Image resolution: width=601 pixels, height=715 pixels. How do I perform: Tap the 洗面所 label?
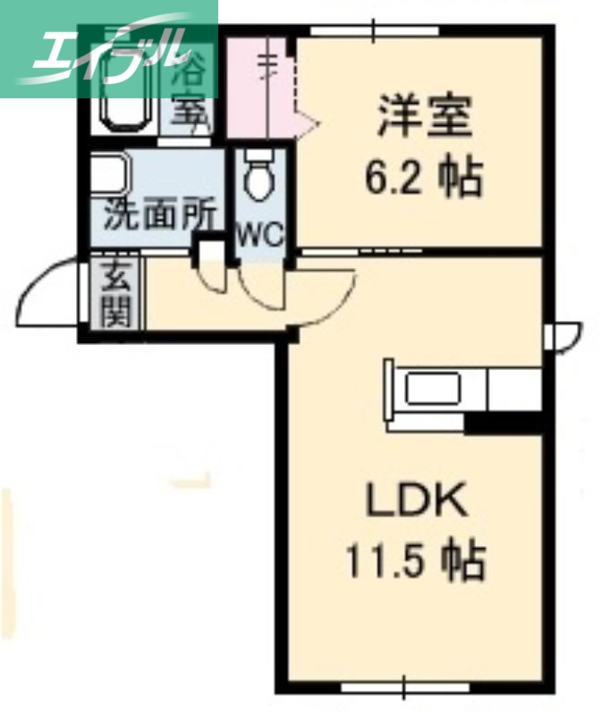[159, 214]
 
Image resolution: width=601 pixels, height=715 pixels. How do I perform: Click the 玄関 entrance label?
[116, 295]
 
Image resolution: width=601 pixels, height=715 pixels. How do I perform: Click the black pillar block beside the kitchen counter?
[504, 423]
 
